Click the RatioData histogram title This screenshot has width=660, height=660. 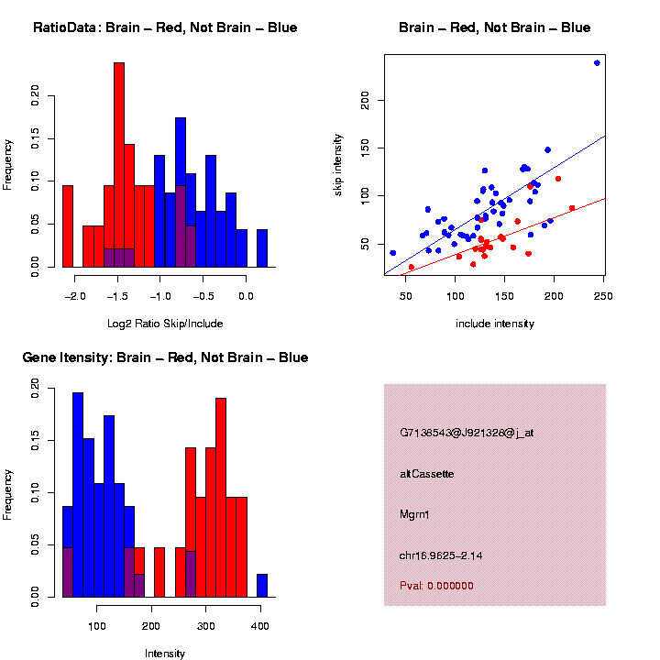tap(165, 27)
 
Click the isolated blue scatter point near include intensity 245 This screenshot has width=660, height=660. tap(597, 63)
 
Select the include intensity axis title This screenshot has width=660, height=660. tap(494, 324)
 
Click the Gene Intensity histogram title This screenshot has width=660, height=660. tap(165, 357)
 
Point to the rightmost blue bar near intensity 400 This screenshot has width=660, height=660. tap(262, 586)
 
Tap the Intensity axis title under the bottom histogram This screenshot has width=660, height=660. tap(165, 654)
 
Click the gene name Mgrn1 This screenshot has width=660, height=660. tap(414, 514)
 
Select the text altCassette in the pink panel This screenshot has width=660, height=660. tap(427, 474)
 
